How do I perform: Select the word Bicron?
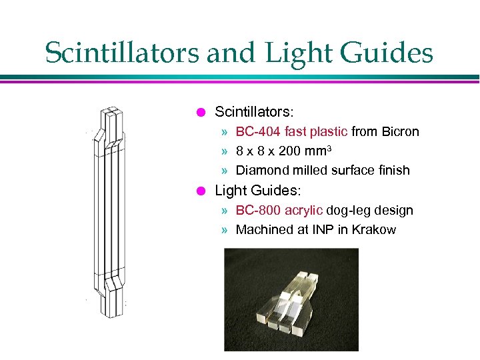tap(401, 131)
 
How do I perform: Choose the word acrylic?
tap(304, 210)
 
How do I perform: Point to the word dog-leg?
tap(349, 210)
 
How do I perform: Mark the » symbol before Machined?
tap(227, 230)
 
